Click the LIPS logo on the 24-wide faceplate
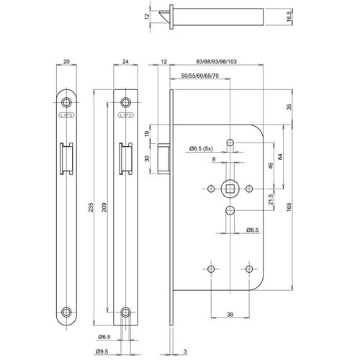click(126, 114)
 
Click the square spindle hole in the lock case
click(229, 189)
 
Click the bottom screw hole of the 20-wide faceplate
click(67, 312)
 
